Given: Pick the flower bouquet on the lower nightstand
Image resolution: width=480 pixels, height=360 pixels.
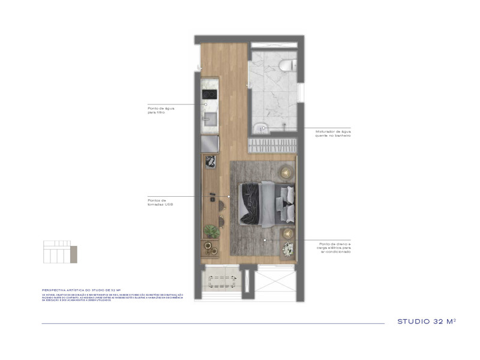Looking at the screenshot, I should pos(289,247).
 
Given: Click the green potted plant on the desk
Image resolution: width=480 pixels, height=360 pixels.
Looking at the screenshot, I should pos(211,230).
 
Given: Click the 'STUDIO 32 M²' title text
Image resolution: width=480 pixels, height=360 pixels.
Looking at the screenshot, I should pos(426,322).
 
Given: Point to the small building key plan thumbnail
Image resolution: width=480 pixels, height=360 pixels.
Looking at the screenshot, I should pos(57,252).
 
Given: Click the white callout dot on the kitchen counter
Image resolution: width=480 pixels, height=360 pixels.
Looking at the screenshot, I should pos(205,104).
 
